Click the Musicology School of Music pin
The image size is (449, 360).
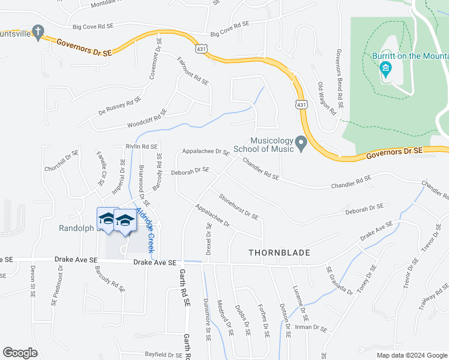point(301,143)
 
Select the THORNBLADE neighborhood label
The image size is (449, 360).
point(279,253)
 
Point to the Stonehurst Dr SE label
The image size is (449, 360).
point(238,206)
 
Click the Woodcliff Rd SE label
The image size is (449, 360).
point(146,121)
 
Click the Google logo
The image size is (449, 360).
point(20,352)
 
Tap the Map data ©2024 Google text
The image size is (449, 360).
point(412,355)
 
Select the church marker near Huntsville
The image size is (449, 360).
point(38,32)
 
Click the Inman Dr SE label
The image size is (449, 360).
point(312,329)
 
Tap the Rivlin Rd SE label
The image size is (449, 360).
point(142,146)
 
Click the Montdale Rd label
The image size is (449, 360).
point(106,4)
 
